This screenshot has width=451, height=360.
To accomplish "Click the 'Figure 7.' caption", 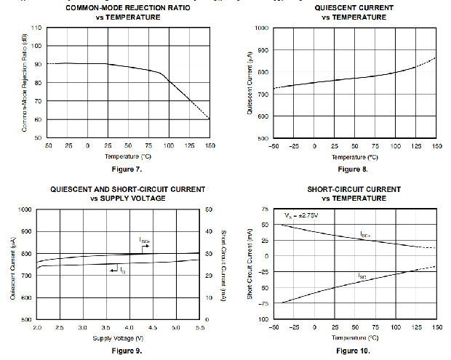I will pyautogui.click(x=127, y=169).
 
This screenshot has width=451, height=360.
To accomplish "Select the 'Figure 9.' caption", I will pyautogui.click(x=127, y=351).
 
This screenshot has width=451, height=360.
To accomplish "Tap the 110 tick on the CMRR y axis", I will pyautogui.click(x=36, y=28).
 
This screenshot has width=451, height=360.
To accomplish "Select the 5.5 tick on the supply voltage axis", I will pyautogui.click(x=199, y=328).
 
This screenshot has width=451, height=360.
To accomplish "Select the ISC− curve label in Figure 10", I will pyautogui.click(x=362, y=276).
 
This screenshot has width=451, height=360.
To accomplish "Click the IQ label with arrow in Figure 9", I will pyautogui.click(x=117, y=270).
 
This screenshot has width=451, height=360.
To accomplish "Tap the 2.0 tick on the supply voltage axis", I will pyautogui.click(x=36, y=328).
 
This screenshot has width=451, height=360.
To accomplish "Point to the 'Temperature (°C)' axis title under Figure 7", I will pyautogui.click(x=127, y=156).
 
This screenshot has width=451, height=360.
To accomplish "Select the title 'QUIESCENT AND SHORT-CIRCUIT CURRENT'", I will pyautogui.click(x=127, y=189).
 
